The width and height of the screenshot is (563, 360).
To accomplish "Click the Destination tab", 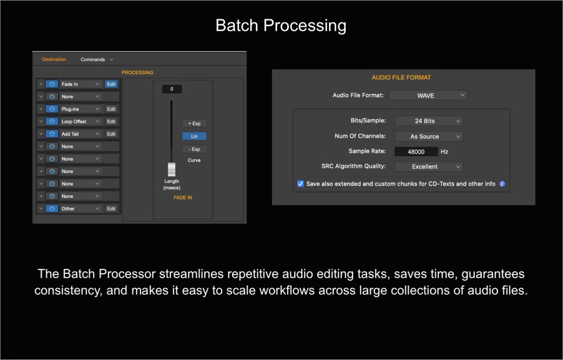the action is [x=54, y=59].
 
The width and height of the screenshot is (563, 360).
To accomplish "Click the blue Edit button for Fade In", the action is [x=111, y=84].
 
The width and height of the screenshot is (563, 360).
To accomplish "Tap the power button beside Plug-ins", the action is [x=52, y=109].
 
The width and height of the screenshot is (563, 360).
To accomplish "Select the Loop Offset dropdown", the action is [x=80, y=121].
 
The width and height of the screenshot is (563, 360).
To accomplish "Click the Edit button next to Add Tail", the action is [x=111, y=134].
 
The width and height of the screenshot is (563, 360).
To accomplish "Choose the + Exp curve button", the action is [x=194, y=124].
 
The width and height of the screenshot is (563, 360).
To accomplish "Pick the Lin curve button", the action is [x=194, y=137].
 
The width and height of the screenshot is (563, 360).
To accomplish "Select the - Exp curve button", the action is [x=194, y=149].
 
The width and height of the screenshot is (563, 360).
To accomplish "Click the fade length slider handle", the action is [x=172, y=170].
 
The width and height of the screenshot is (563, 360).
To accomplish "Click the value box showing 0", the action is [x=172, y=89].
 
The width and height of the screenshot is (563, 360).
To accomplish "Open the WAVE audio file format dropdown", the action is [x=428, y=95].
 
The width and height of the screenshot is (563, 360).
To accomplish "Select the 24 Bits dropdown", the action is [x=429, y=121].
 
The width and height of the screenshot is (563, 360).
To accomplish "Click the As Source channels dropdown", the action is [x=429, y=137].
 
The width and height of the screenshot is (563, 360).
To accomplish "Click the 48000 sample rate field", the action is [x=416, y=152].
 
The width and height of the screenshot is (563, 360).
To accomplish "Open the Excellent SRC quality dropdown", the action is [x=429, y=167].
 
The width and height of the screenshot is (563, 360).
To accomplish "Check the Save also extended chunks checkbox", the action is [x=300, y=184].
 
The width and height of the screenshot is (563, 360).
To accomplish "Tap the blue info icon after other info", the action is [x=502, y=184].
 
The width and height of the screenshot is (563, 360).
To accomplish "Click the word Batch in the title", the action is [x=237, y=26].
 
